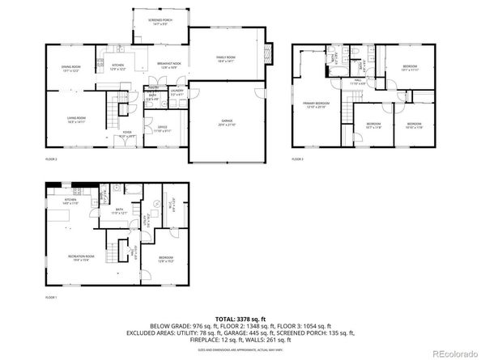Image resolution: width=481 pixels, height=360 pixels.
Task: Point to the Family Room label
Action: pos(225,59)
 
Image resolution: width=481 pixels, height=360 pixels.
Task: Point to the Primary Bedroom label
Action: pos(316,104)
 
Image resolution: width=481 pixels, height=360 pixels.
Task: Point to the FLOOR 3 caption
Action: pos(298,160)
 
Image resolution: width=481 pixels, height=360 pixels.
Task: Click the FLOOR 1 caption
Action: pos(51,298)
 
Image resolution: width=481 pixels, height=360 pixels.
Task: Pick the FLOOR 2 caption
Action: pos(51,160)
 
